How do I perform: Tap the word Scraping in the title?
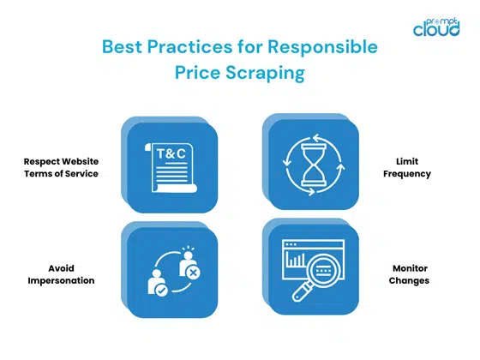pyautogui.click(x=265, y=74)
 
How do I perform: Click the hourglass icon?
pyautogui.click(x=310, y=164)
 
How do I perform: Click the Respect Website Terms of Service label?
pyautogui.click(x=62, y=167)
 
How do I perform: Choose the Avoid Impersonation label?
pyautogui.click(x=62, y=274)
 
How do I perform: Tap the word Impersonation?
pyautogui.click(x=62, y=280)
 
